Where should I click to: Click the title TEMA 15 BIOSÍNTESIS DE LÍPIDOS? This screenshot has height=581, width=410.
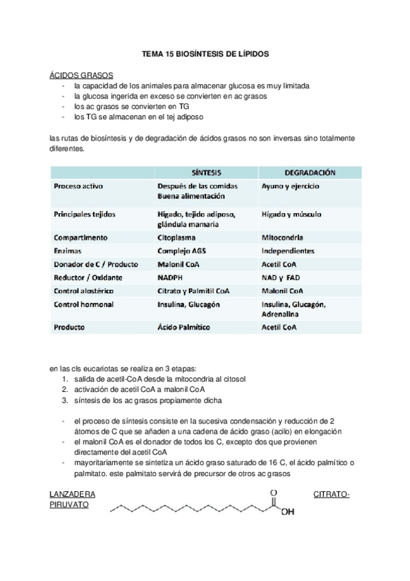205,52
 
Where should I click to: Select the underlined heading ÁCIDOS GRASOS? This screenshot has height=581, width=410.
82,75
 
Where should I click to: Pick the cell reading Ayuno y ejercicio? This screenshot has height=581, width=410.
290,186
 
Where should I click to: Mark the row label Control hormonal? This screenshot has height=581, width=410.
84,304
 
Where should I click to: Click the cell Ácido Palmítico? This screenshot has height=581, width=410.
185,327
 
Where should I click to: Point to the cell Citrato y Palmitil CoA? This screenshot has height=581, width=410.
194,290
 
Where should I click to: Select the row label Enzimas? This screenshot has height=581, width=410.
68,251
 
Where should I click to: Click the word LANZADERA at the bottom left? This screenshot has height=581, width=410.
73,494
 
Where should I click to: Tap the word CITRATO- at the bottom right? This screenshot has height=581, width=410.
331,494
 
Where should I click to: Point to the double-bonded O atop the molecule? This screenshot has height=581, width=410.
274,492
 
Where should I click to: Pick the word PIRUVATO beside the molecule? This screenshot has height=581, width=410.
71,506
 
